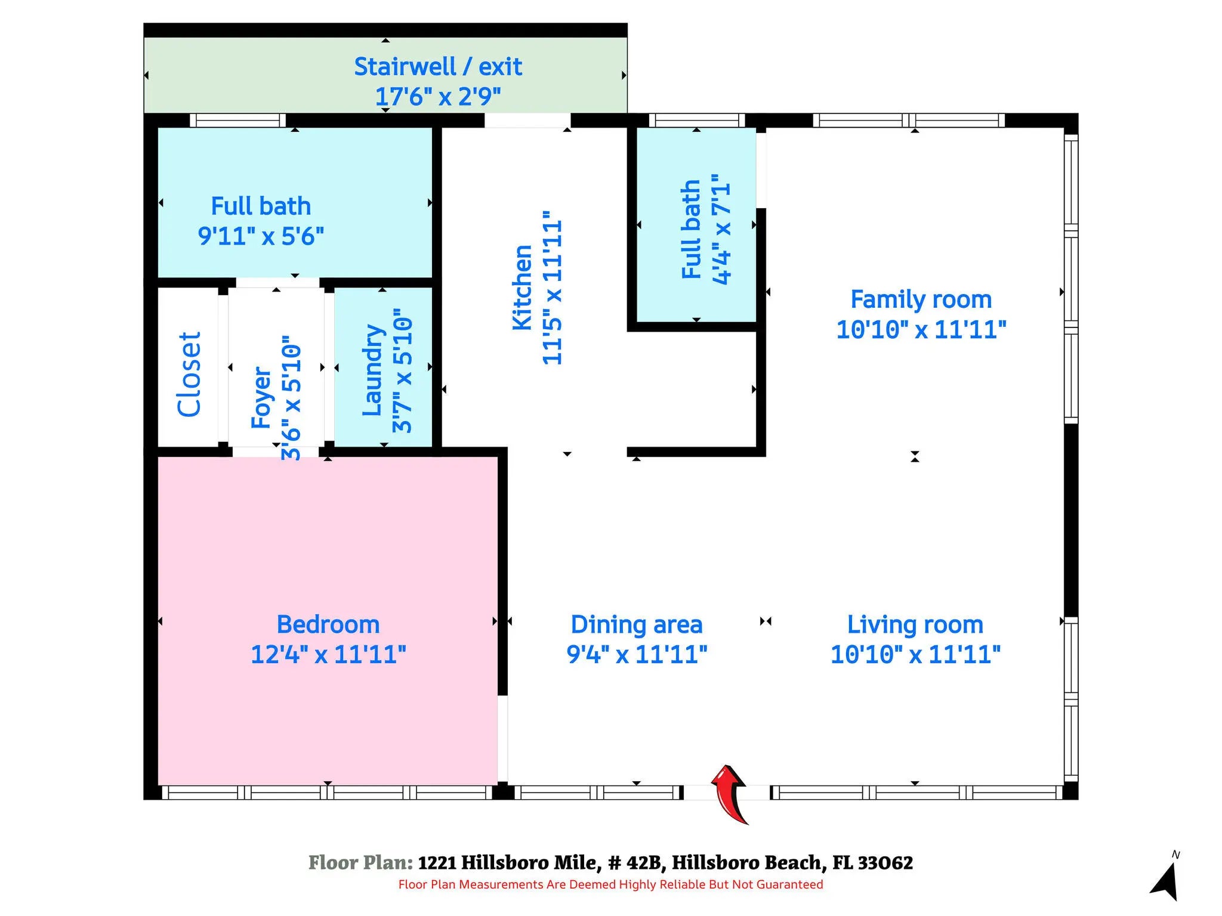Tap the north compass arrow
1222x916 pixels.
click(1165, 881)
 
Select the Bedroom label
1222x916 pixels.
click(328, 624)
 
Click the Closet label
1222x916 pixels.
click(189, 374)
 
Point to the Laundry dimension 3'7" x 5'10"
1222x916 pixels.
click(402, 370)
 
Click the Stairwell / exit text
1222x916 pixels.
click(438, 66)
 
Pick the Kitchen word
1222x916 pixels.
click(522, 287)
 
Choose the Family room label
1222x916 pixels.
click(921, 299)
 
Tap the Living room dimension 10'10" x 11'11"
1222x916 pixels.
click(915, 654)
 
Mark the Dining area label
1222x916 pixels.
click(637, 624)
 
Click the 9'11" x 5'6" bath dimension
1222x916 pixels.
click(261, 236)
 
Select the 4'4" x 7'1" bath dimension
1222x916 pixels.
click(721, 230)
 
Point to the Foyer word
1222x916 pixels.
click(261, 397)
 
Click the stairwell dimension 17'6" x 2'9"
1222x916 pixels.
click(438, 96)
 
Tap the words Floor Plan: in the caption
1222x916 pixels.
click(360, 862)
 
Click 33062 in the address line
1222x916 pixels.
click(885, 862)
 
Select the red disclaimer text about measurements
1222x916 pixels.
click(610, 884)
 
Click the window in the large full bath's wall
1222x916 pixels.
click(237, 120)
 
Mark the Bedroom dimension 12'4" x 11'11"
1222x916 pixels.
click(328, 654)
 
